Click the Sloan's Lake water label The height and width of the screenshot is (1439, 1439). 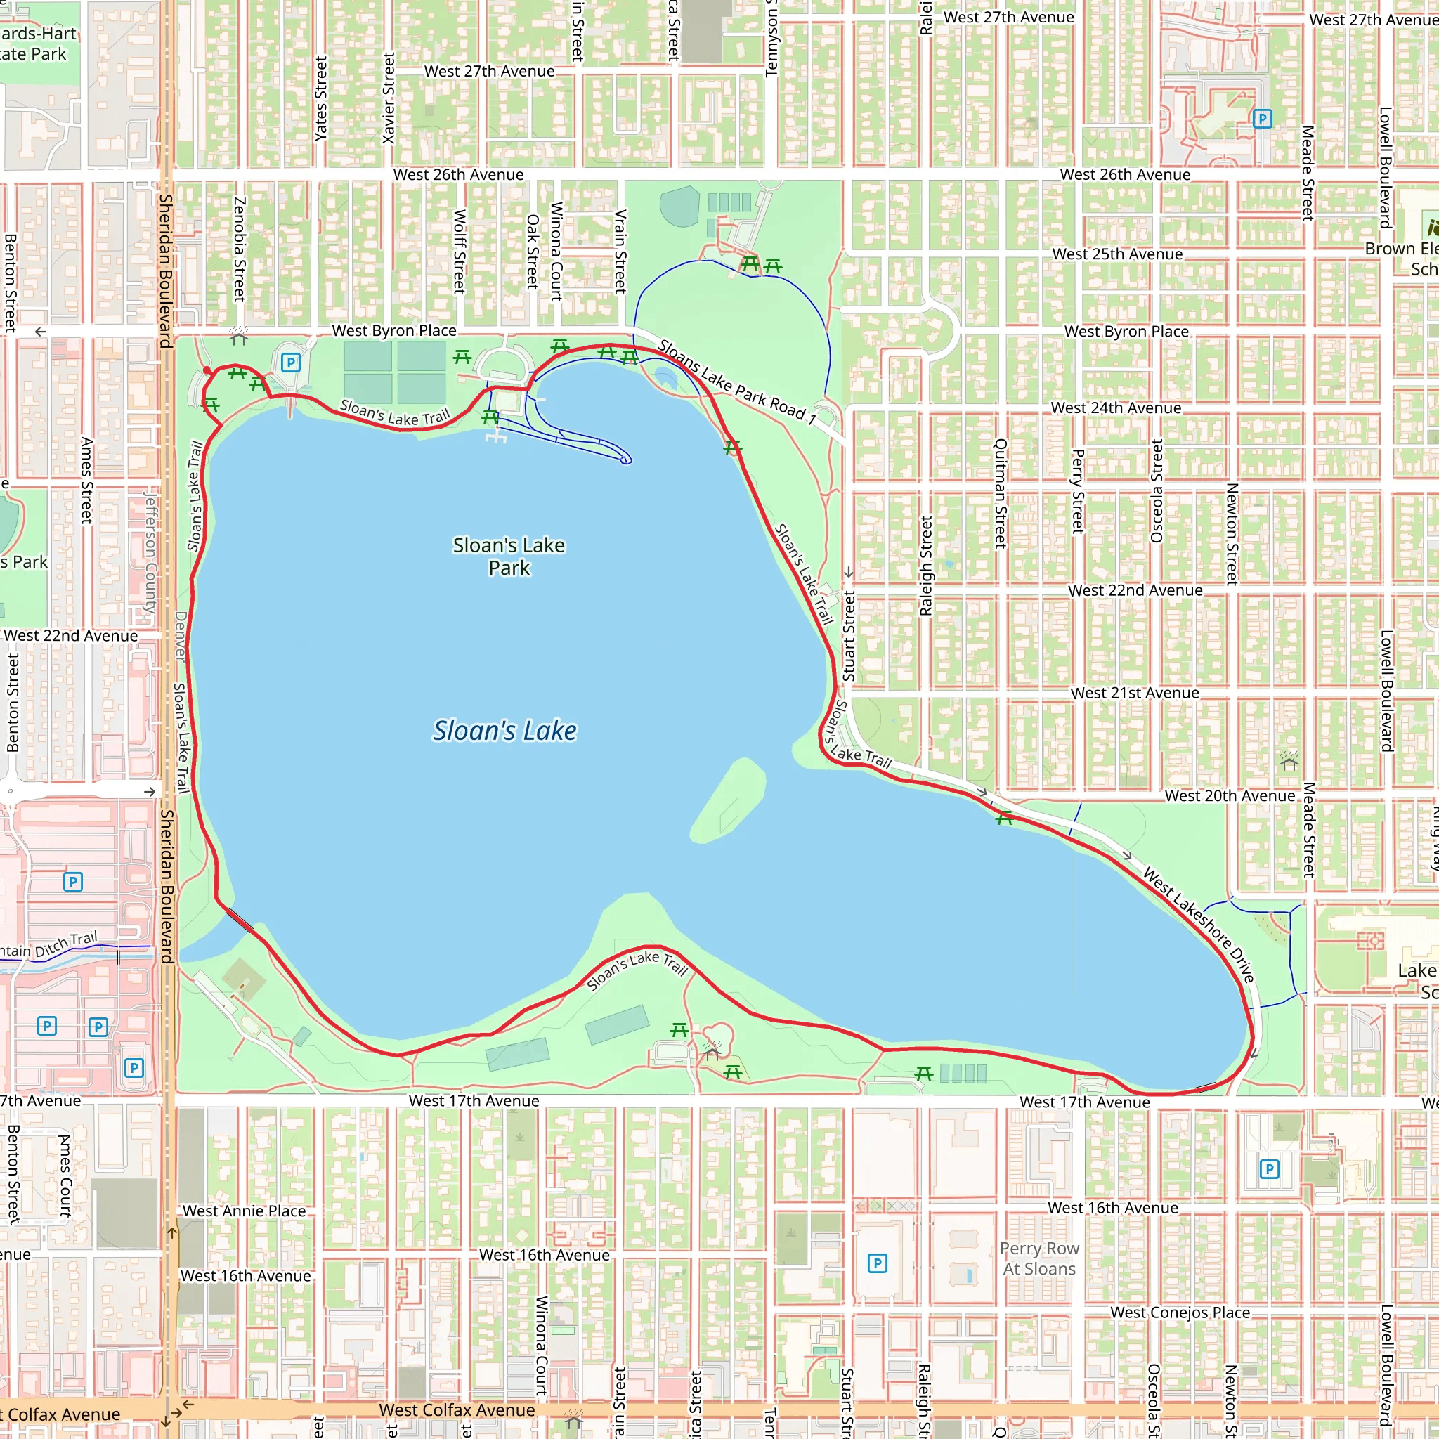[505, 731]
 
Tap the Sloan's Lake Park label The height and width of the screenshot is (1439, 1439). [509, 556]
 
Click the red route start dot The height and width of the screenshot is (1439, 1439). [207, 370]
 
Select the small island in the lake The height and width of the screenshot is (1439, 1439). [729, 802]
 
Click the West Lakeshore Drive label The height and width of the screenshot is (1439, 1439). [1199, 925]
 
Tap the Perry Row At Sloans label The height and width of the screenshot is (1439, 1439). [1039, 1258]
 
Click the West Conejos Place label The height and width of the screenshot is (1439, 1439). [1180, 1313]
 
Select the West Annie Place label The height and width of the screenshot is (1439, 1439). [245, 1211]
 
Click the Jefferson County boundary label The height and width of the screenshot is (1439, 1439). [151, 551]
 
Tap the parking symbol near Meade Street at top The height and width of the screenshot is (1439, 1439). [1263, 119]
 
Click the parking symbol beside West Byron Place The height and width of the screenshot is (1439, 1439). [290, 363]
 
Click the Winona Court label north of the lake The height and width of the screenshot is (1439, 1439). [556, 251]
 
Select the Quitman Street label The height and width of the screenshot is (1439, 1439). [1001, 493]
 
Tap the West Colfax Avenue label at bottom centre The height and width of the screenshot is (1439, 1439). [457, 1410]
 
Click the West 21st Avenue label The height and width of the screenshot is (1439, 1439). [1134, 693]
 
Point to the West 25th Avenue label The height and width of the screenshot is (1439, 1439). [1117, 254]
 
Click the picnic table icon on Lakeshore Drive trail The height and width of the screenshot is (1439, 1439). [1004, 818]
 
